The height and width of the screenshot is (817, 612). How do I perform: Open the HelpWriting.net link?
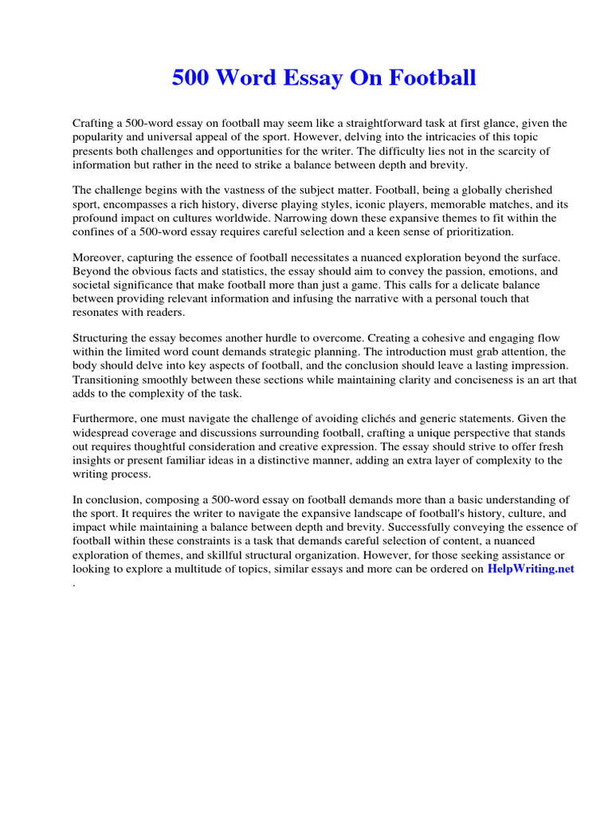click(531, 569)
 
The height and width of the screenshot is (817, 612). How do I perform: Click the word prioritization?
click(476, 231)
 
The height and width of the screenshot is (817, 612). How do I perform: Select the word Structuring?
click(104, 338)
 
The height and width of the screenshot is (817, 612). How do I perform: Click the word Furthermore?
click(107, 419)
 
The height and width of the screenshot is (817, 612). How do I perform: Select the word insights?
click(92, 460)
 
